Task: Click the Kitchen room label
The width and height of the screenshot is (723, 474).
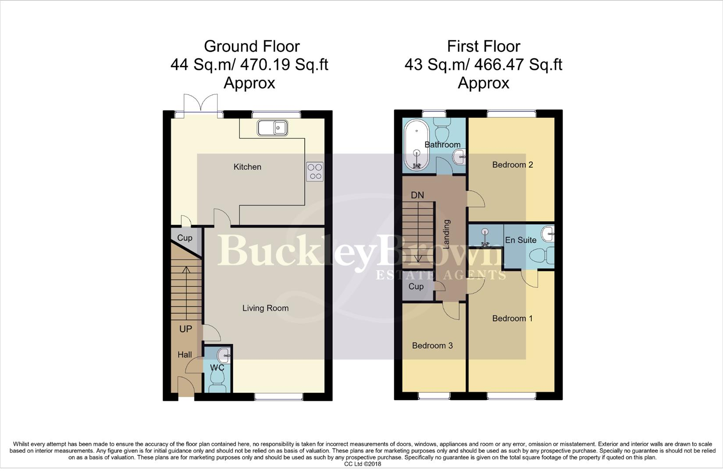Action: click(247, 167)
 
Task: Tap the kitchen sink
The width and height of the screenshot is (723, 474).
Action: click(272, 128)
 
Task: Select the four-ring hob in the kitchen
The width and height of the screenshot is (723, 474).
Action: click(315, 171)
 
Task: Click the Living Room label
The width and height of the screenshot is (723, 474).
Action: click(265, 308)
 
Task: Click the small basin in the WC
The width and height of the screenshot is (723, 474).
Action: click(224, 354)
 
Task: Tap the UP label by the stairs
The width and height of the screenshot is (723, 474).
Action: click(185, 329)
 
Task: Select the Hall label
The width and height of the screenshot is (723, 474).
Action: click(185, 355)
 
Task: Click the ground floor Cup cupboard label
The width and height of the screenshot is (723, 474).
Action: click(185, 238)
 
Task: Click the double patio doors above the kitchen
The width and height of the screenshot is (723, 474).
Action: click(200, 105)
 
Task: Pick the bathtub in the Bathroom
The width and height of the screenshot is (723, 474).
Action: click(416, 145)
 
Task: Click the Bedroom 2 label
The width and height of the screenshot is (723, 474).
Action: click(512, 165)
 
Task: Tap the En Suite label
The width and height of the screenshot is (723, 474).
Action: click(520, 240)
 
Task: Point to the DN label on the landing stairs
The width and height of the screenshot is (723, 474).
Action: click(417, 195)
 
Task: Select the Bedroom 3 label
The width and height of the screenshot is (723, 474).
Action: click(432, 345)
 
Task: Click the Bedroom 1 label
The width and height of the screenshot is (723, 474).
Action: click(512, 318)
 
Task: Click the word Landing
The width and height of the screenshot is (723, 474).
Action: click(447, 234)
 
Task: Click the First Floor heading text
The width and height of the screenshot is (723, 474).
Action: click(483, 46)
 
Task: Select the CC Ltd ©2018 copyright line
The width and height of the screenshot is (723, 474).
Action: click(362, 464)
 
